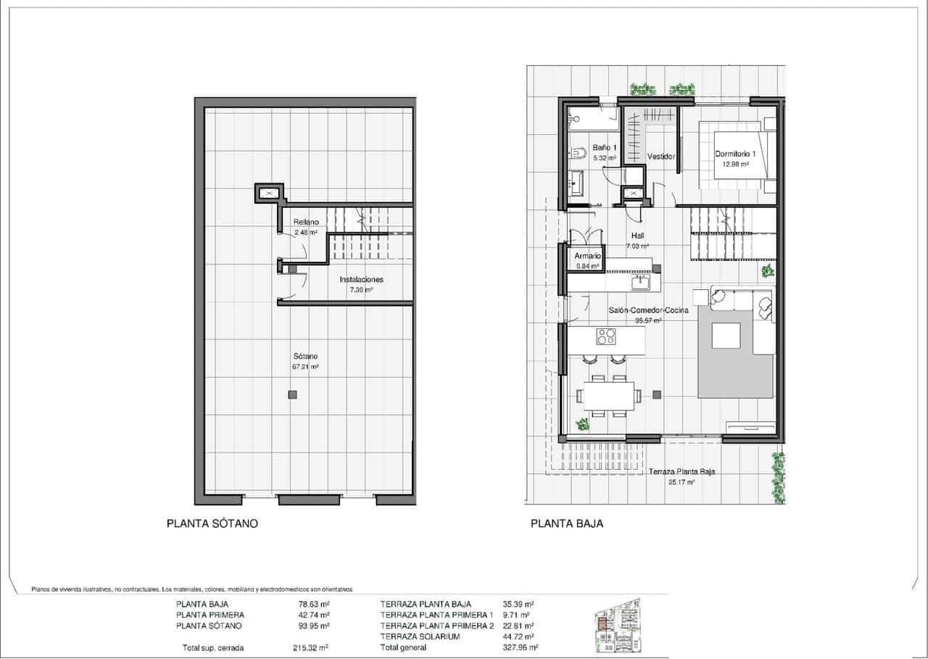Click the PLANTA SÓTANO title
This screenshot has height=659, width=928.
coord(212,523)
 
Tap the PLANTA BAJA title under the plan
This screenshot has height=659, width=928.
coord(567,523)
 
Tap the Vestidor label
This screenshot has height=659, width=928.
coord(660,157)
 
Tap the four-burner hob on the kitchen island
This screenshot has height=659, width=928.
coord(605,336)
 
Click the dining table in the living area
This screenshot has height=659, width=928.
coord(608,395)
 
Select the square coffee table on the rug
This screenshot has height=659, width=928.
coord(725,336)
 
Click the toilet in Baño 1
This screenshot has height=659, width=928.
coord(579,153)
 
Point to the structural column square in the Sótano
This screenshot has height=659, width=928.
coord(292,395)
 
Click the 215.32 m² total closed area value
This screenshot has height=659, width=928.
coord(312,647)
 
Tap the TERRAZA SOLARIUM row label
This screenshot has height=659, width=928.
coord(420,637)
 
